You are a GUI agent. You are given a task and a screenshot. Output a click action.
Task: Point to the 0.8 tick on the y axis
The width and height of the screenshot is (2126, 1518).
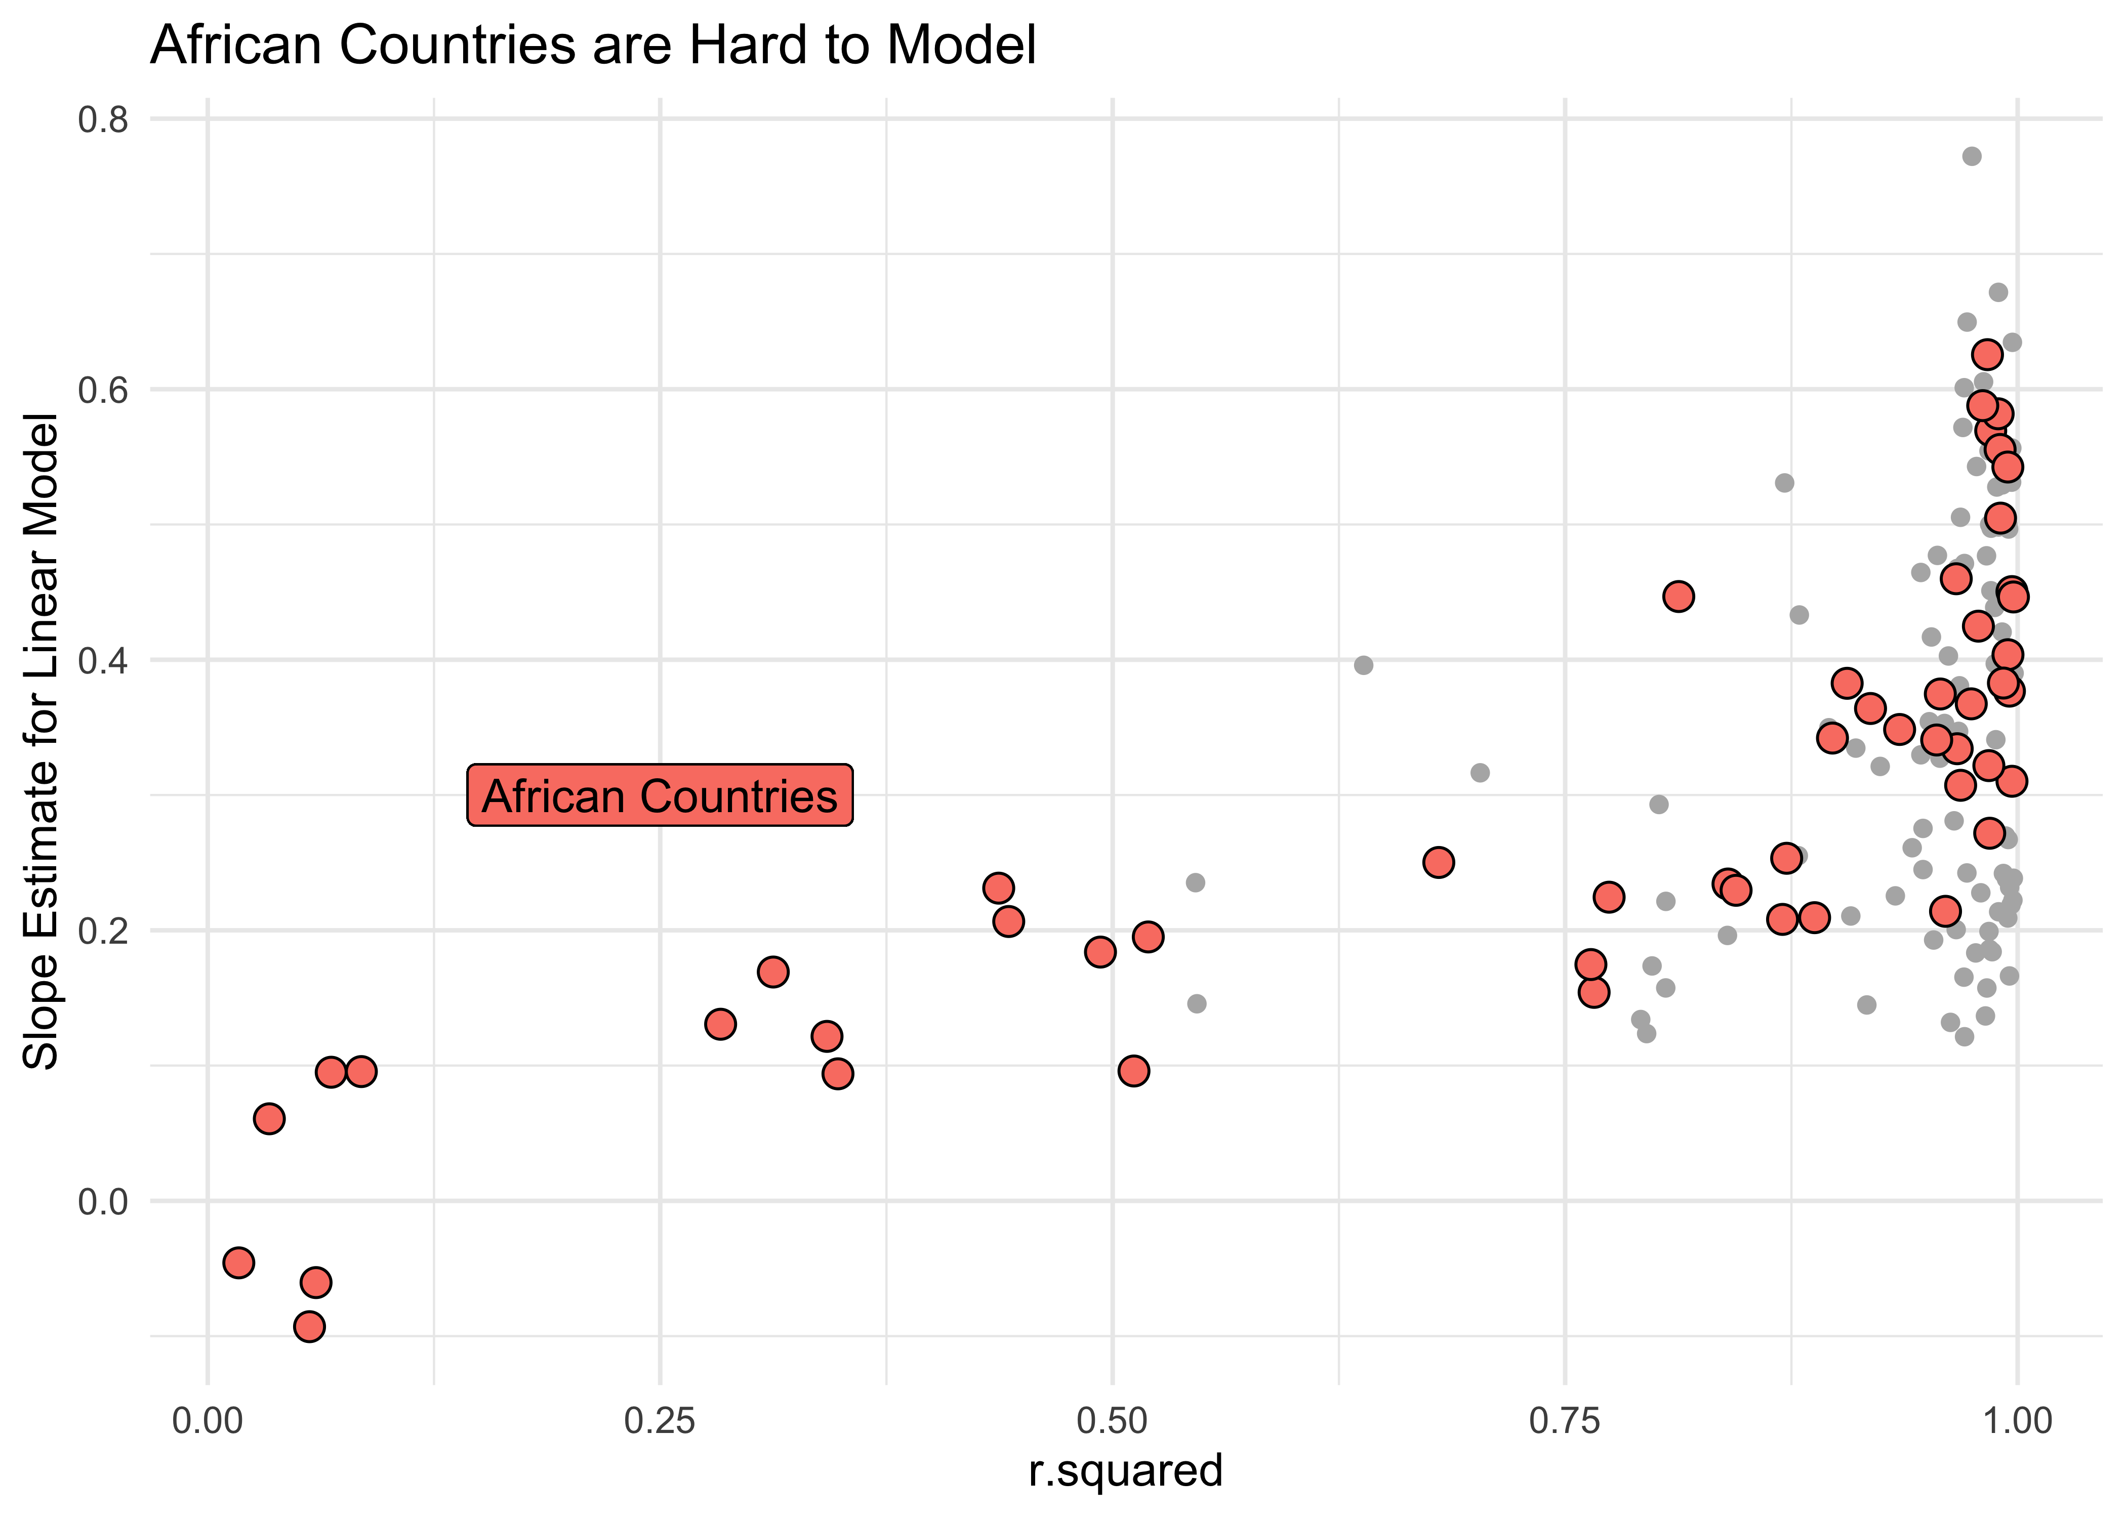[x=103, y=119]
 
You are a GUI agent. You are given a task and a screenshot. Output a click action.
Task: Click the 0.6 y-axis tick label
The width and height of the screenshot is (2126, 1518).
[x=103, y=390]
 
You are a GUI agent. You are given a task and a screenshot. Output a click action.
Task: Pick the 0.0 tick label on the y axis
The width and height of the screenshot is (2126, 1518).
[x=103, y=1201]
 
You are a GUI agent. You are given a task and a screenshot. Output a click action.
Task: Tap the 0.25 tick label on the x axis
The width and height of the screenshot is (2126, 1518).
[x=660, y=1421]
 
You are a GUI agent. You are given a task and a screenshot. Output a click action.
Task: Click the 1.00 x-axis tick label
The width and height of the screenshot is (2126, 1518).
[x=2017, y=1421]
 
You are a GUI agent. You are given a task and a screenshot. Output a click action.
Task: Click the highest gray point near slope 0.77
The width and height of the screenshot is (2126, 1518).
[x=1972, y=156]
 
